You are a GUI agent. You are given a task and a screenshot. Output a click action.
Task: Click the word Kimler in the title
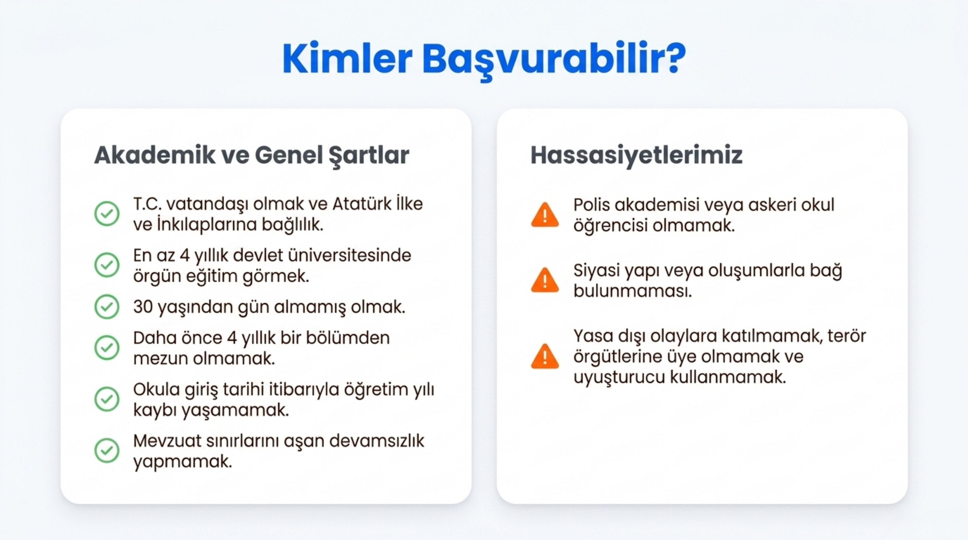point(347,58)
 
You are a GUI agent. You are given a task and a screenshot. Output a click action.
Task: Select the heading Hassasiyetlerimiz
point(636,155)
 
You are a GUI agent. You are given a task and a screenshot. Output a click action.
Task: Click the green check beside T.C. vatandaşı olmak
point(107,214)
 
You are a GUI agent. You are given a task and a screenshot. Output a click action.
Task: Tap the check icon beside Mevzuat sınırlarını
point(107,450)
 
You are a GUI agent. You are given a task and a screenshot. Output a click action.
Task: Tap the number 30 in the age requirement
point(143,307)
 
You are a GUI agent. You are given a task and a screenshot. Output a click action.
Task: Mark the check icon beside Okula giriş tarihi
point(107,399)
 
